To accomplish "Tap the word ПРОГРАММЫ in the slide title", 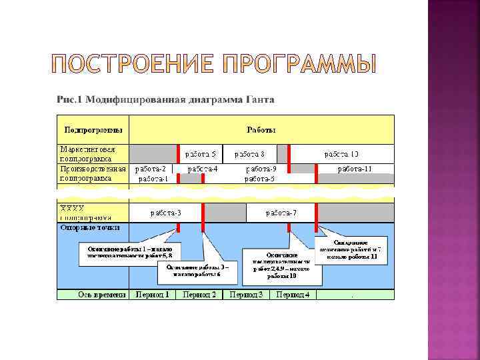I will point(300,64).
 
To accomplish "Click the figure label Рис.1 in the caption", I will point(69,99).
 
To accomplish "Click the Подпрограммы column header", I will point(93,129).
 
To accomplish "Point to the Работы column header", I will point(261,129).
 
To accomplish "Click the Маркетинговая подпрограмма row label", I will point(87,154).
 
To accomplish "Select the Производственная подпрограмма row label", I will point(92,173).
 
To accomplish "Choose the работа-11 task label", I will point(355,169).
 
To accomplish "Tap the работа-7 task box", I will point(281,213).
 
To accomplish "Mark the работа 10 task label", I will point(341,154).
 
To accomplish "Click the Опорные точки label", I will point(90,227).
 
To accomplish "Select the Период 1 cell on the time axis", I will point(153,294).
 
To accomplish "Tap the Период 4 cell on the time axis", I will point(293,294).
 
